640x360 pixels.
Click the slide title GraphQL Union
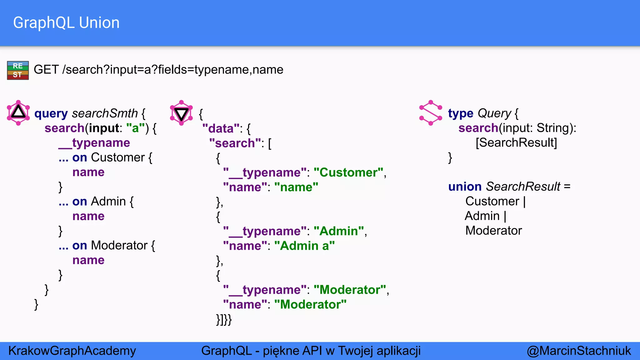pyautogui.click(x=66, y=23)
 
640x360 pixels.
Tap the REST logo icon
pyautogui.click(x=18, y=70)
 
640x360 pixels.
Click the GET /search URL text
pyautogui.click(x=158, y=69)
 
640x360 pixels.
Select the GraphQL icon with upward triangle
pyautogui.click(x=18, y=113)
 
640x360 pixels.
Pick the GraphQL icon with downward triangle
pyautogui.click(x=181, y=113)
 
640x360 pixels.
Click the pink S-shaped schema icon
pyautogui.click(x=431, y=113)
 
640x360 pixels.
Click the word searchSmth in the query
pyautogui.click(x=105, y=113)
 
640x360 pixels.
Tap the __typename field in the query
pyautogui.click(x=94, y=143)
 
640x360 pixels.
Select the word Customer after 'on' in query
pyautogui.click(x=118, y=157)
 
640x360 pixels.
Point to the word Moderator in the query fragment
pyautogui.click(x=119, y=246)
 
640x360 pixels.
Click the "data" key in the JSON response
pyautogui.click(x=221, y=128)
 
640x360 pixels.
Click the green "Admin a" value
pyautogui.click(x=304, y=246)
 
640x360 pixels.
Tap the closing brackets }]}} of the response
pyautogui.click(x=224, y=319)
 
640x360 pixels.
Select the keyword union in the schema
pyautogui.click(x=465, y=187)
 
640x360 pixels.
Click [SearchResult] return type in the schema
pyautogui.click(x=516, y=142)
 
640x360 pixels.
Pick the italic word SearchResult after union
pyautogui.click(x=523, y=187)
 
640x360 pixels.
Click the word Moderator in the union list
pyautogui.click(x=493, y=231)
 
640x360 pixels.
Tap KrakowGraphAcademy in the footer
pyautogui.click(x=72, y=351)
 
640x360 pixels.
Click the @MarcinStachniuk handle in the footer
pyautogui.click(x=579, y=351)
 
